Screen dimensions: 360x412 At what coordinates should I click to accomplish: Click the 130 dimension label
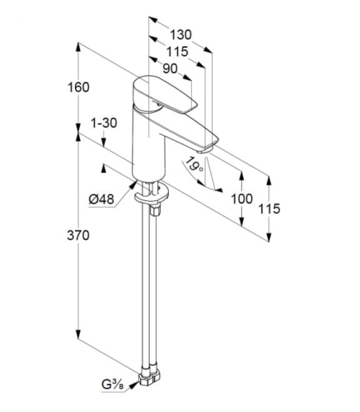[180, 35]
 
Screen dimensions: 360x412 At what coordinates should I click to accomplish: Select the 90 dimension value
[170, 68]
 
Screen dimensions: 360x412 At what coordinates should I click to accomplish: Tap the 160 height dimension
[78, 87]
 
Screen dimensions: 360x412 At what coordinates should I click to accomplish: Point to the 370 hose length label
[78, 236]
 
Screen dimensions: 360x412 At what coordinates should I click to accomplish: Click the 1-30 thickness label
[104, 123]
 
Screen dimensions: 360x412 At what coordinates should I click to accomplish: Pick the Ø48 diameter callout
[101, 199]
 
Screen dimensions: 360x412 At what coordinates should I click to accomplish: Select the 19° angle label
[194, 165]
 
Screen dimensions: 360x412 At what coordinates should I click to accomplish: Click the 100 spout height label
[241, 199]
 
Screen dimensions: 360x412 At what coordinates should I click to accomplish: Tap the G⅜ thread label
[112, 385]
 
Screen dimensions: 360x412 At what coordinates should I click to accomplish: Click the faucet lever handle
[164, 95]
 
